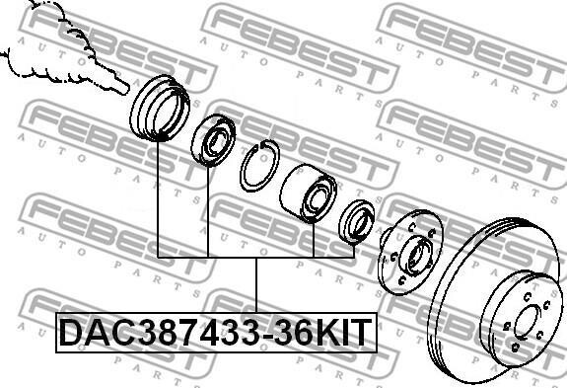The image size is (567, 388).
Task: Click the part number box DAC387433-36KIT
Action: [x=216, y=333]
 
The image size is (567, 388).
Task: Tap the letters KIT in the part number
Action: [x=343, y=333]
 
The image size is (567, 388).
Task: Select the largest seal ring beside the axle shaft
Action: [x=160, y=108]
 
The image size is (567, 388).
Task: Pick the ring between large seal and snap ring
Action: [x=213, y=140]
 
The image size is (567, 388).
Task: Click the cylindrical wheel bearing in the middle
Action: [x=308, y=194]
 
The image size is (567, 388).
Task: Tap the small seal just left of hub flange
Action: [x=357, y=222]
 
